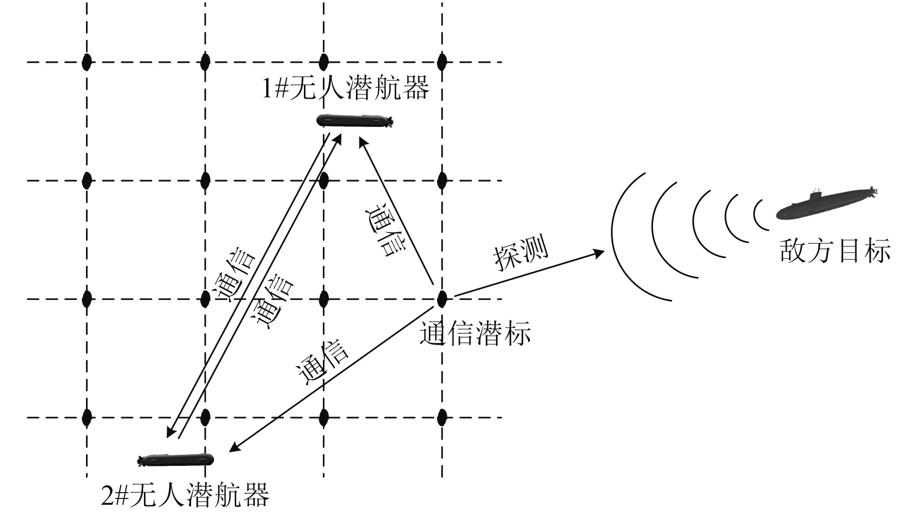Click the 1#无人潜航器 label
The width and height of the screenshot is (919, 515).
coord(346,89)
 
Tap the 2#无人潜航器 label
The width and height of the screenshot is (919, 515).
coord(185,496)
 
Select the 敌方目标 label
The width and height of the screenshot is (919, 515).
coord(835,251)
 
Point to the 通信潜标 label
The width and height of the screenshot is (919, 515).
coord(475,333)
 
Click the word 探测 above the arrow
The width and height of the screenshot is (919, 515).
coord(521,253)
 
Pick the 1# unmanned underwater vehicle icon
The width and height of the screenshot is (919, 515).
coord(354,120)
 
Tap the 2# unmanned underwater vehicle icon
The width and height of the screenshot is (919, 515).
coord(176,459)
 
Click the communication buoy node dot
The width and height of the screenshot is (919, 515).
coord(442,299)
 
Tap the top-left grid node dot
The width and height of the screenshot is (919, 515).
coord(87,62)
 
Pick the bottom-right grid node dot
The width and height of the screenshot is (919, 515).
coord(442,417)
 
